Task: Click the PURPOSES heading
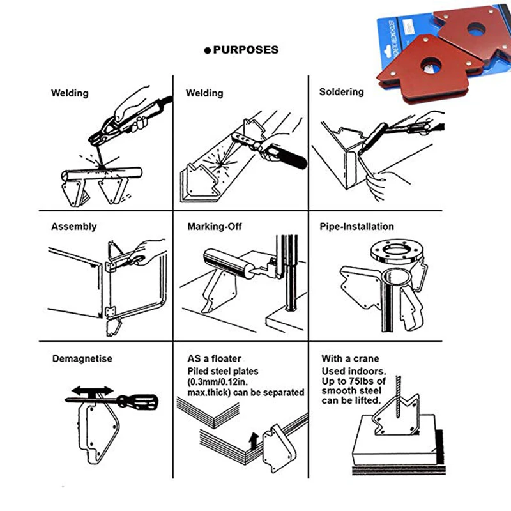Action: (246, 50)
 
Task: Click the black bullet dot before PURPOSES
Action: (207, 50)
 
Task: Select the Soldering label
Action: (341, 92)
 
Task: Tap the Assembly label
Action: (74, 227)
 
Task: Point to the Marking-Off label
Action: (215, 227)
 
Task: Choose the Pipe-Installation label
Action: (356, 227)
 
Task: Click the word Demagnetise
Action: (82, 358)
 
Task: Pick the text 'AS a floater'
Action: (214, 358)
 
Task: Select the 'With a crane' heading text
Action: (350, 358)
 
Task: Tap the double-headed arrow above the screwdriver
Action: (93, 390)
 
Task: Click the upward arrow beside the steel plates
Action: (254, 441)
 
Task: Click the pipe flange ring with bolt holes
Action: (397, 252)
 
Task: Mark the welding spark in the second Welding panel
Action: (220, 162)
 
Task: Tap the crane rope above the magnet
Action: (398, 397)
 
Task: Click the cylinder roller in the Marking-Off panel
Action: (229, 264)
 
